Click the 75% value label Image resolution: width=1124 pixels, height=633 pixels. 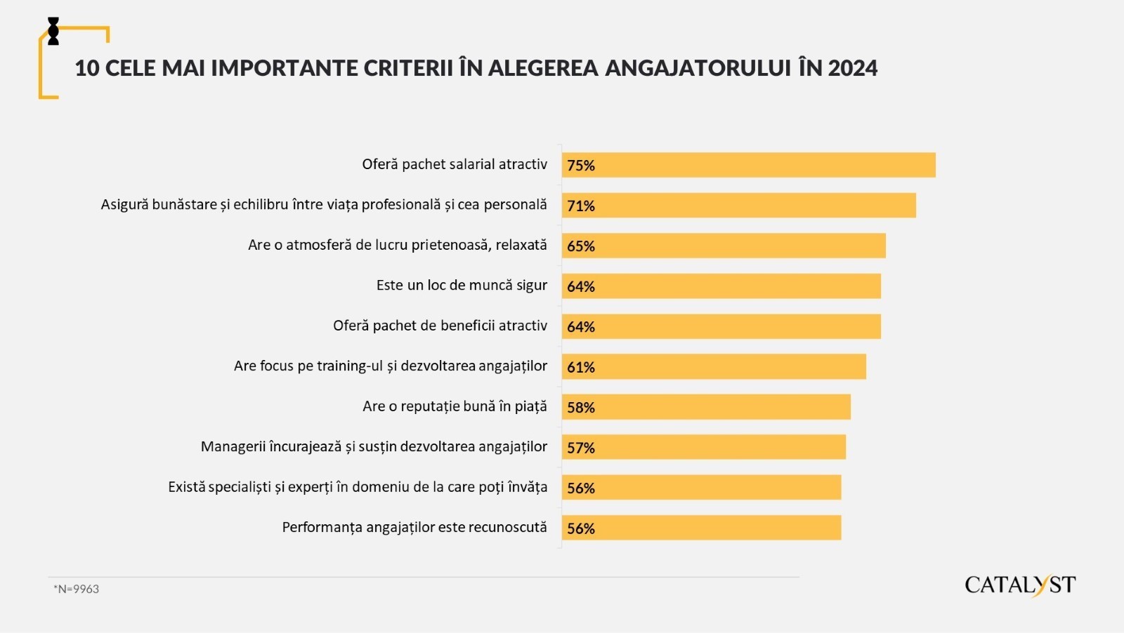(581, 166)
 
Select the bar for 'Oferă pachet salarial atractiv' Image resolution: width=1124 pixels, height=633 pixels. (748, 165)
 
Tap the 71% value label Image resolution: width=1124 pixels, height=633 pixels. (581, 206)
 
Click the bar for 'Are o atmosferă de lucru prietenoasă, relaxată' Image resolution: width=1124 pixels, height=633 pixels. (724, 246)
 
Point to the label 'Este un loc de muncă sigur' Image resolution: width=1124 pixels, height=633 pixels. (462, 286)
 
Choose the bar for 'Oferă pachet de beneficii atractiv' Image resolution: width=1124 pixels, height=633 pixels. (721, 326)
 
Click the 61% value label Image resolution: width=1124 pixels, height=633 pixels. (581, 367)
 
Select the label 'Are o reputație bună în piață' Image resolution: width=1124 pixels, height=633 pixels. (455, 406)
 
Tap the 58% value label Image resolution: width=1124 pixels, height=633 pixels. (581, 408)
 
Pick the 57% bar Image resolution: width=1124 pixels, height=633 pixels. (703, 447)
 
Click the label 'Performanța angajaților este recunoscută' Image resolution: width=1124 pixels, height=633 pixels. (414, 527)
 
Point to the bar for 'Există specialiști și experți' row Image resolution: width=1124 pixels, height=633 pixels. (701, 487)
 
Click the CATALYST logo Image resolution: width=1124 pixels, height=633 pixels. (1020, 585)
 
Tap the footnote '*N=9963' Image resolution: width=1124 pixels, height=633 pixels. (77, 589)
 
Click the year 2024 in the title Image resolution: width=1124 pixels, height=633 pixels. (852, 68)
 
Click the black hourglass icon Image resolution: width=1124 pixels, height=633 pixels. (53, 32)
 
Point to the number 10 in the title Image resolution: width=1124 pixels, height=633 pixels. (86, 68)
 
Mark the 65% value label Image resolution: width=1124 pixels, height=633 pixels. (581, 246)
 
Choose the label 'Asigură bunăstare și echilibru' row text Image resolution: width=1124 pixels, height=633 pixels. (324, 205)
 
